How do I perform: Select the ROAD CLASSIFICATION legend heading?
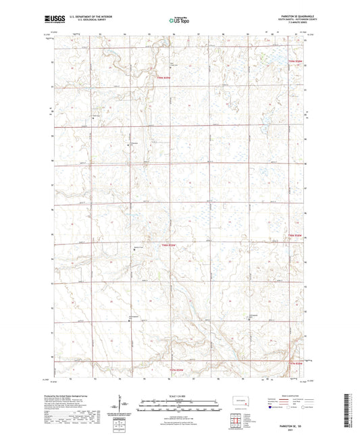(x=289, y=394)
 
